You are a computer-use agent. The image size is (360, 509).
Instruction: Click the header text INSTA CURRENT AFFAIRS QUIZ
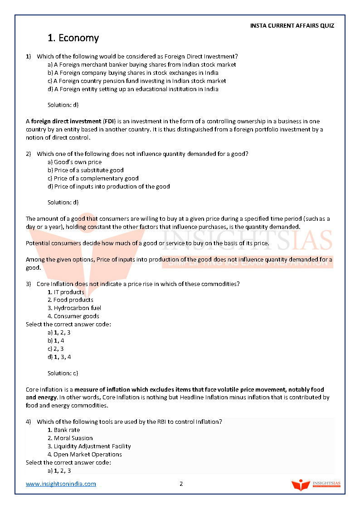(x=292, y=26)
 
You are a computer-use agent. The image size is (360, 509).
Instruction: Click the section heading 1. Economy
(x=73, y=38)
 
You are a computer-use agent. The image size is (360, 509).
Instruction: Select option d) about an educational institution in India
(x=133, y=89)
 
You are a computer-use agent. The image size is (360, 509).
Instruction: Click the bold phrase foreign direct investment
(x=66, y=121)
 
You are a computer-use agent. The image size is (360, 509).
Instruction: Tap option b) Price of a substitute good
(x=85, y=170)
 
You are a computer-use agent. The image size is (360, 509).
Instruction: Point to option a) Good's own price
(x=74, y=162)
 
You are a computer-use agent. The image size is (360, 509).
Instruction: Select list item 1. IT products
(x=66, y=292)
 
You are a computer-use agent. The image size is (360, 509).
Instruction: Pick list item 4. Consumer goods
(x=73, y=316)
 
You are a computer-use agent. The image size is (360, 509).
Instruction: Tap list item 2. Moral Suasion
(x=70, y=438)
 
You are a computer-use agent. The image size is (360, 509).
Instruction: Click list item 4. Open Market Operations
(x=85, y=455)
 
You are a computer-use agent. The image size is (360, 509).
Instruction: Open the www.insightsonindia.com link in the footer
(x=61, y=484)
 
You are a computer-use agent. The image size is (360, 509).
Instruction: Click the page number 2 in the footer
(x=181, y=484)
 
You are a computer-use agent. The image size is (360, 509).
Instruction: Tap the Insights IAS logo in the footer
(x=316, y=485)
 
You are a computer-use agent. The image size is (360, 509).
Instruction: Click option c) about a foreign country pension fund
(x=136, y=81)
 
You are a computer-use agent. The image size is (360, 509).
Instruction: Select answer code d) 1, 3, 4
(x=59, y=357)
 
